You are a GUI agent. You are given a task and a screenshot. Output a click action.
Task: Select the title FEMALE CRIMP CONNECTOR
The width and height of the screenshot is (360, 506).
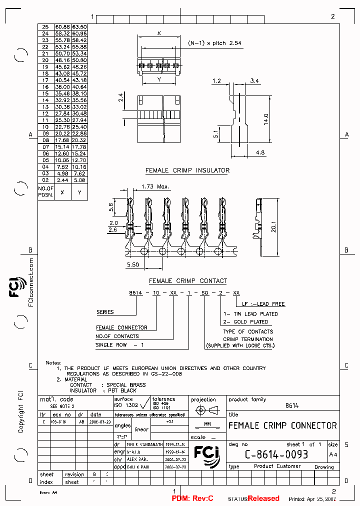click(x=282, y=425)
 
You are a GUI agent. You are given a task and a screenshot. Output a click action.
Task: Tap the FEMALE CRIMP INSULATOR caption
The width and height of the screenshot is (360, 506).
click(x=187, y=170)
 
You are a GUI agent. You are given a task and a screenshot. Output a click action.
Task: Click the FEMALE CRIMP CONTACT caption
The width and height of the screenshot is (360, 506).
click(x=187, y=281)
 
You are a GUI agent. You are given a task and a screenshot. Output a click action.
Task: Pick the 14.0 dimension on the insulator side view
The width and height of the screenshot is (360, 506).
click(x=266, y=118)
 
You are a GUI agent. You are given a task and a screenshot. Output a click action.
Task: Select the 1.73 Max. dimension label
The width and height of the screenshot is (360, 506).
click(x=155, y=186)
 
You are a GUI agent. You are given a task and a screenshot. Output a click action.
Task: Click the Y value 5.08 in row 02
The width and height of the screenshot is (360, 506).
click(x=79, y=179)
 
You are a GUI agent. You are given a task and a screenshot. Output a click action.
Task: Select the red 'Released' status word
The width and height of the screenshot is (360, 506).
click(x=263, y=498)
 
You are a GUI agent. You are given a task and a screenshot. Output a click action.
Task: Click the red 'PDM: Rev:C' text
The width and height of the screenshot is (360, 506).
click(x=192, y=498)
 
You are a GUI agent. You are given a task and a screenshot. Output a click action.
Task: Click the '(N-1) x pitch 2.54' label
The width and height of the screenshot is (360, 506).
click(x=214, y=43)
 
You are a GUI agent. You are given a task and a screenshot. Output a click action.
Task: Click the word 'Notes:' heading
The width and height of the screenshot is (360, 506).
click(x=53, y=362)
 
